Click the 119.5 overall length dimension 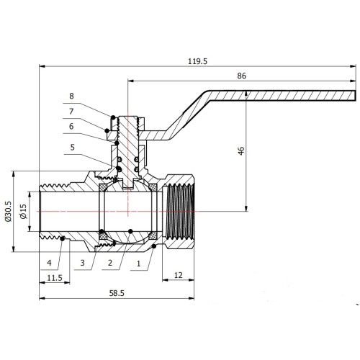point(197,61)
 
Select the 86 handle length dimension point(241,76)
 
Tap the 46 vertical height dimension point(241,150)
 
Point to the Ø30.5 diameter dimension point(8,211)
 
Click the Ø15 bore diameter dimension point(23,211)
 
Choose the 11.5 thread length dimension point(55,278)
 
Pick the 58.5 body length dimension point(117,293)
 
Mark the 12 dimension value point(178,275)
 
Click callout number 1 point(138,264)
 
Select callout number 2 point(110,263)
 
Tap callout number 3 point(83,263)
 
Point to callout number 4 point(49,263)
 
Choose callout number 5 point(73,147)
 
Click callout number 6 point(71,127)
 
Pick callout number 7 point(71,112)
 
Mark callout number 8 point(71,96)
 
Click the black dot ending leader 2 point(130,231)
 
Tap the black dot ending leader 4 point(63,238)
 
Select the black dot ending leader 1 point(154,246)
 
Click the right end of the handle point(355,96)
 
